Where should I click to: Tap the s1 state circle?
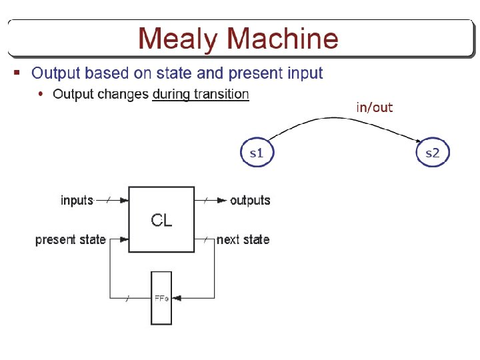pyautogui.click(x=256, y=153)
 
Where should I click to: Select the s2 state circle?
pyautogui.click(x=433, y=153)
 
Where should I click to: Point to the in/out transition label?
pyautogui.click(x=375, y=107)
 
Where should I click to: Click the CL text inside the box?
pyautogui.click(x=161, y=221)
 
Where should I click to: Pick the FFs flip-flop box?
pyautogui.click(x=161, y=298)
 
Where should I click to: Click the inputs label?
pyautogui.click(x=77, y=200)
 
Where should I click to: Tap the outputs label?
pyautogui.click(x=250, y=200)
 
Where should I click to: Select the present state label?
pyautogui.click(x=71, y=239)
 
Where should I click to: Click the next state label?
pyautogui.click(x=243, y=239)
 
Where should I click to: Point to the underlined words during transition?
pyautogui.click(x=201, y=94)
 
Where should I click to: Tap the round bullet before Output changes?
pyautogui.click(x=41, y=94)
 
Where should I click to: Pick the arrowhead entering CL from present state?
pyautogui.click(x=124, y=239)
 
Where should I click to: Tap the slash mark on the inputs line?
pyautogui.click(x=108, y=200)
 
